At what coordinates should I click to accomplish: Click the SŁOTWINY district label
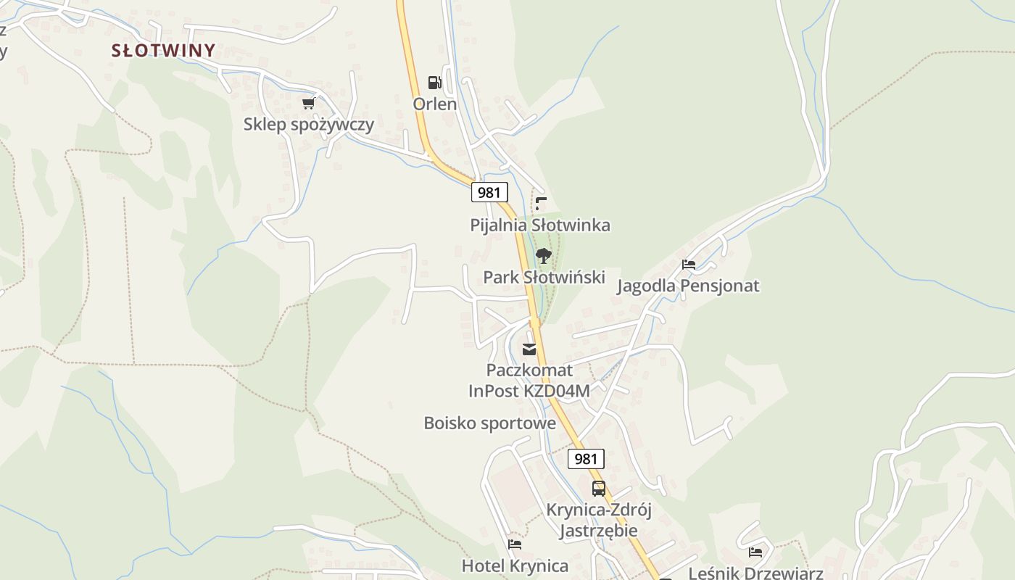(163, 50)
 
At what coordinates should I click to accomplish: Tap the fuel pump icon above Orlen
(434, 83)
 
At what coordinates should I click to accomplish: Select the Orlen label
(434, 104)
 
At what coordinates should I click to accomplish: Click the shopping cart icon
(308, 103)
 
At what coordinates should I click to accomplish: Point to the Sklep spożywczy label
(308, 124)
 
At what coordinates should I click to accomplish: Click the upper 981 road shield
(489, 192)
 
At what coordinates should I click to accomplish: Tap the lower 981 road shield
(585, 458)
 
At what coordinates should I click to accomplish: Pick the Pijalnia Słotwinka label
(539, 225)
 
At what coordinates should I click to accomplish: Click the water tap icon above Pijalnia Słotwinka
(541, 203)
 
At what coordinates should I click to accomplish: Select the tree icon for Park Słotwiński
(543, 256)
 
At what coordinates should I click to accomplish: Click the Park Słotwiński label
(544, 277)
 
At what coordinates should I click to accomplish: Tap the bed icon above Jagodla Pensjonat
(688, 265)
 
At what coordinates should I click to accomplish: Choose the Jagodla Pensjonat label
(687, 286)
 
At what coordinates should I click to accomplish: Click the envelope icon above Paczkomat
(529, 349)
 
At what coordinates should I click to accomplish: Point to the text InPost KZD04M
(529, 391)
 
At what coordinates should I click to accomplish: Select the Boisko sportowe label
(489, 423)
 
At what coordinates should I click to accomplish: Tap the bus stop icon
(598, 489)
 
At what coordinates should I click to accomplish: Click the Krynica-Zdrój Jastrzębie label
(598, 520)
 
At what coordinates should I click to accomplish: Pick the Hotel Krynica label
(515, 565)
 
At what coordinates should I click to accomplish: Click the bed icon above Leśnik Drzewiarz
(755, 552)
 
